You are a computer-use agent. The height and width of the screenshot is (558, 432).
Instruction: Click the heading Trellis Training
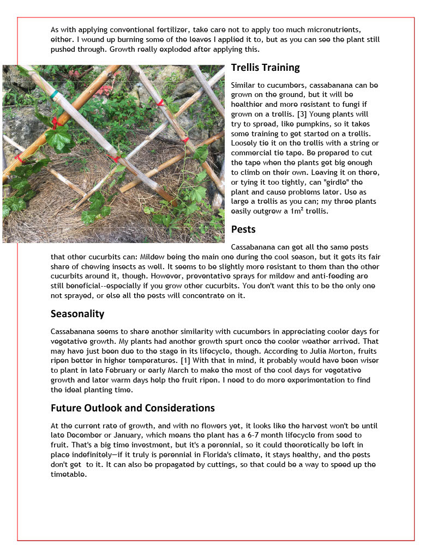265,68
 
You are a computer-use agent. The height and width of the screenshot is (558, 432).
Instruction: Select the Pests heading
243,229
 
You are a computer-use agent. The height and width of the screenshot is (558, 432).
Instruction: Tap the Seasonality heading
77,314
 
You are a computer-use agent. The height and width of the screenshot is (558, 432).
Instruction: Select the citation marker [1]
185,361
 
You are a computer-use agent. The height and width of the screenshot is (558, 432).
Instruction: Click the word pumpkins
314,124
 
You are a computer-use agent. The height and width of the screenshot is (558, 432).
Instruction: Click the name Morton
308,351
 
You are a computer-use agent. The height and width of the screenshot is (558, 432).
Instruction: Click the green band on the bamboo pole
55,95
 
